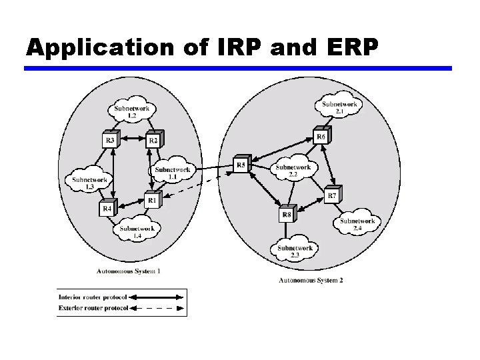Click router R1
point(153,199)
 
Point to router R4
point(107,208)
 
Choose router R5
point(241,165)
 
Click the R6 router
point(321,137)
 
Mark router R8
point(287,214)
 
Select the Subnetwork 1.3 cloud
point(89,182)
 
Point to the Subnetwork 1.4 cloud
point(137,231)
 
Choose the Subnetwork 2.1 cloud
point(339,107)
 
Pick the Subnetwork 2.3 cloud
point(295,251)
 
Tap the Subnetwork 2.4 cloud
point(357,224)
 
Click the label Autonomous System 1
point(128,271)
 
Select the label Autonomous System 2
point(311,281)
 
